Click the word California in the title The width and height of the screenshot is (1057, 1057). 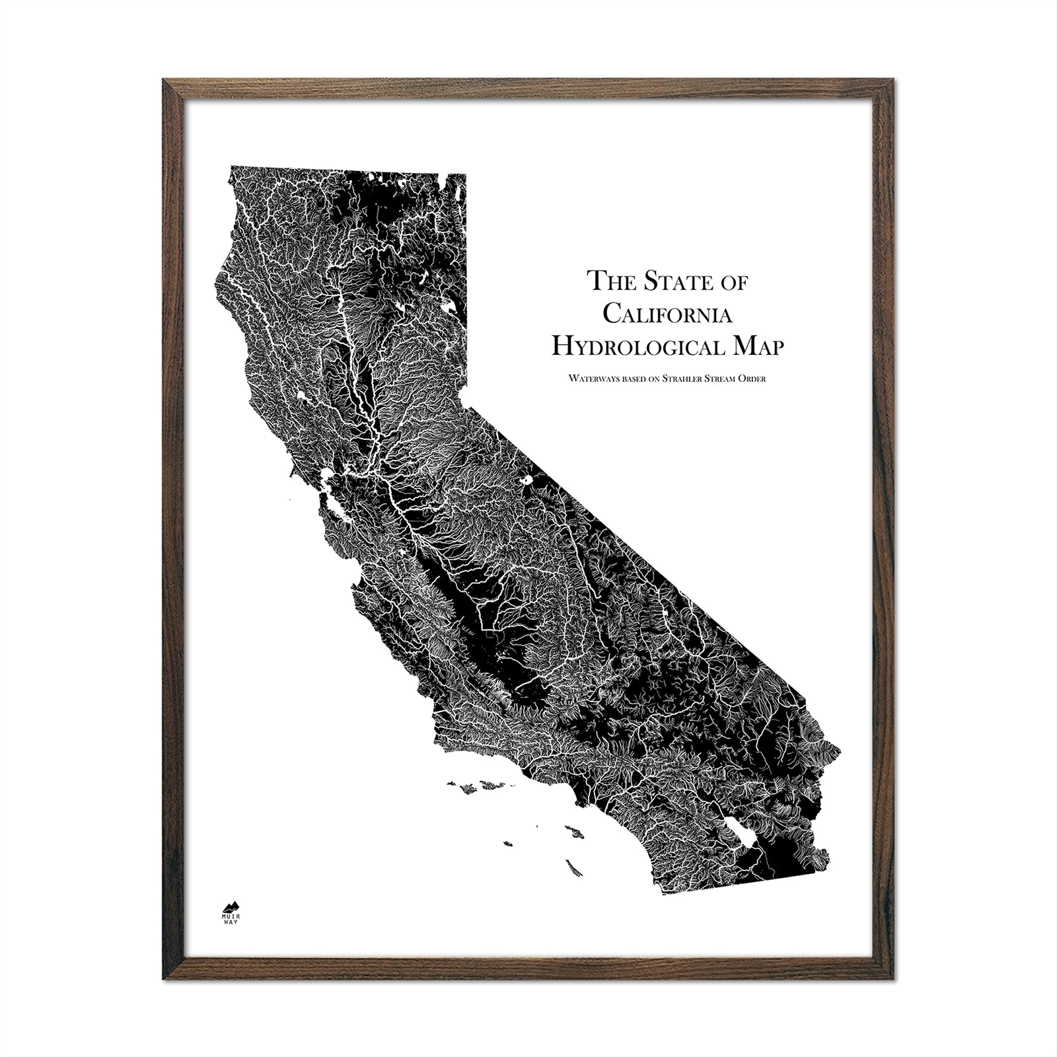(x=667, y=314)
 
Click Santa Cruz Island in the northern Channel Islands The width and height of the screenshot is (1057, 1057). (x=492, y=785)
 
